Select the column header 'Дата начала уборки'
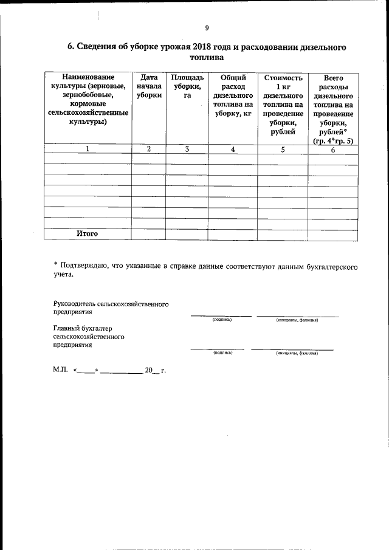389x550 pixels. [149, 86]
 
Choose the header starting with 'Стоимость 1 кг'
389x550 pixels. [283, 104]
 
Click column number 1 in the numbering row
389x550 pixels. [88, 149]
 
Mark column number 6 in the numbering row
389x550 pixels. [332, 150]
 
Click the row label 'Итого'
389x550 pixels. [87, 233]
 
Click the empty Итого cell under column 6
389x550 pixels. [332, 233]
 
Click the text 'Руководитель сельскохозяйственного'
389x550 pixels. [111, 303]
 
